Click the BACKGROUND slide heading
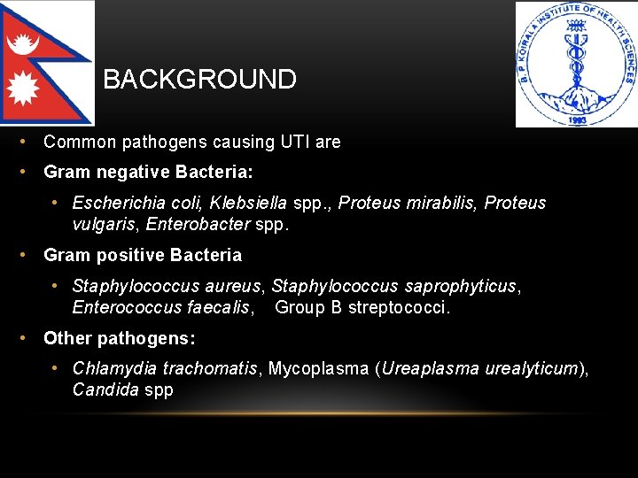(x=199, y=80)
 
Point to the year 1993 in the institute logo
(x=576, y=118)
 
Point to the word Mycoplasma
(x=318, y=368)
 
